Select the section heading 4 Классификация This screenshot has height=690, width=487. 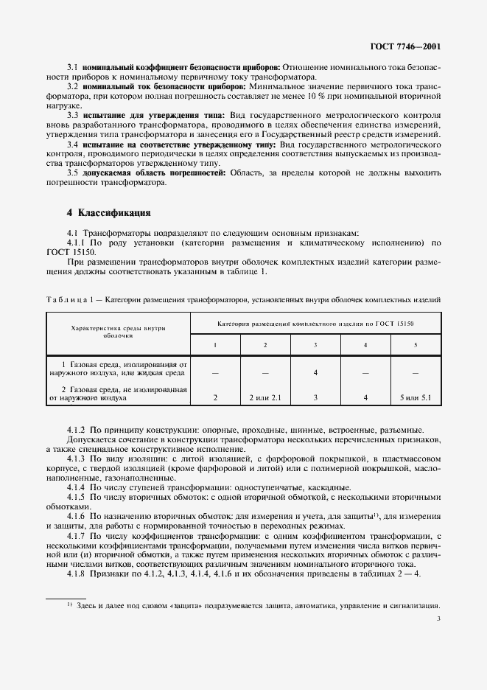click(108, 213)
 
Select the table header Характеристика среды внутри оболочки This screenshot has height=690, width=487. click(118, 331)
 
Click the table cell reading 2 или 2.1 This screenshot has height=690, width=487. click(265, 398)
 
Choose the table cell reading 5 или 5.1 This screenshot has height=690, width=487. click(416, 398)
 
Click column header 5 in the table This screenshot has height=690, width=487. click(416, 345)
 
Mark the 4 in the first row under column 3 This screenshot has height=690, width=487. click(315, 372)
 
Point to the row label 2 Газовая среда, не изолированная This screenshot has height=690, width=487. click(122, 389)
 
